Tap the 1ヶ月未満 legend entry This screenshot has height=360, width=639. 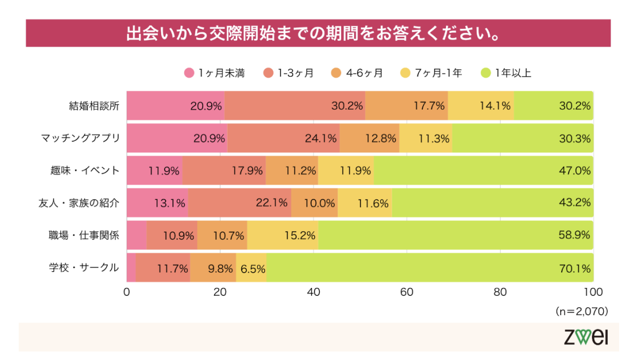click(215, 73)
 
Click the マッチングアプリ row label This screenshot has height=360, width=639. click(81, 138)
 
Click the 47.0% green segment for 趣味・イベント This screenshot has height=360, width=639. click(482, 170)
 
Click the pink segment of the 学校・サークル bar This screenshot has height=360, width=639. click(131, 267)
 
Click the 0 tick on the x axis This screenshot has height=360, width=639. click(127, 292)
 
